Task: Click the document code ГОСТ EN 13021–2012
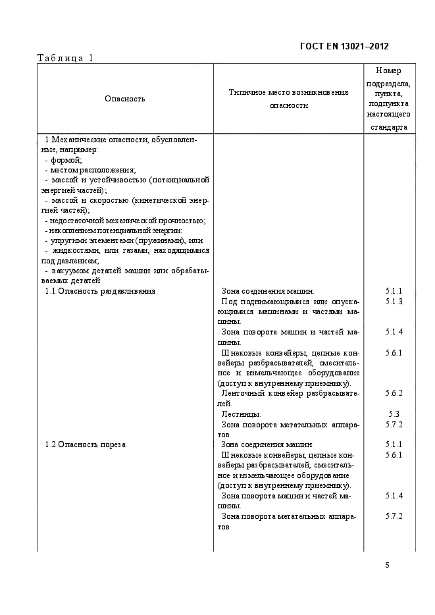click(344, 46)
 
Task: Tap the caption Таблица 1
click(66, 58)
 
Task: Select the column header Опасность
click(124, 99)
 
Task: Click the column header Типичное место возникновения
click(288, 93)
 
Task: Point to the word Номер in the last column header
click(388, 70)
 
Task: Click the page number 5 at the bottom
click(387, 564)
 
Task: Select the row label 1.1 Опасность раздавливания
click(100, 291)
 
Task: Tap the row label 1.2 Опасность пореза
click(85, 444)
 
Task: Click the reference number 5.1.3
click(394, 301)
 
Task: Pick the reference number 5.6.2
click(394, 393)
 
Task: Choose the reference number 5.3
click(394, 414)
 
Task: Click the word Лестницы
click(241, 414)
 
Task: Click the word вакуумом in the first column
click(68, 271)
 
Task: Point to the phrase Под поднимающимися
click(260, 301)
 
